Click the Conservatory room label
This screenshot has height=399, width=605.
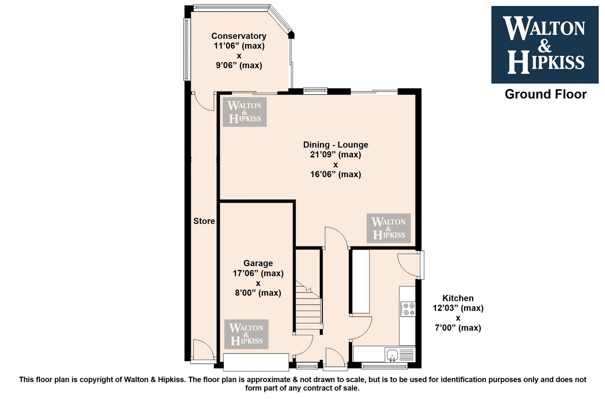pos(239,36)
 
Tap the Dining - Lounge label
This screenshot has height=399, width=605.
pos(335,144)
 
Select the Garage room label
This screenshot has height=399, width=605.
pos(258,263)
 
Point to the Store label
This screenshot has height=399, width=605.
pos(204,221)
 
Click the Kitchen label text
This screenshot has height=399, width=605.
pos(458,298)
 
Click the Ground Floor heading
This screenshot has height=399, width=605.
pos(545,94)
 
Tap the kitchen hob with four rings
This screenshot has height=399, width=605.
pos(408,309)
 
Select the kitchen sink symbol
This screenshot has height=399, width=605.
pos(392,355)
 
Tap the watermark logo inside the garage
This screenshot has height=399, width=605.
pos(246,334)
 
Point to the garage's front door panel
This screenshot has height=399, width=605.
pos(256,362)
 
